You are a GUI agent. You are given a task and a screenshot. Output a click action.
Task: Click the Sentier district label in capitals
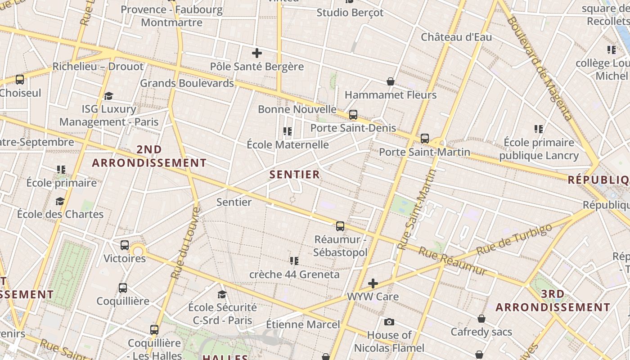tap(294, 175)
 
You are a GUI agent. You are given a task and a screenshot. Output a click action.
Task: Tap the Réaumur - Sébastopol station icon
tap(340, 226)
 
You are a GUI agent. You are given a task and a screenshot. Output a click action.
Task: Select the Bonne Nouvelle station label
tap(297, 109)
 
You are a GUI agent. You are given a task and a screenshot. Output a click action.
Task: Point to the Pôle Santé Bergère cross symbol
tap(257, 53)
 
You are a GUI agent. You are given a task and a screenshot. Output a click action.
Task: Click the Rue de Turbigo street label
tap(514, 239)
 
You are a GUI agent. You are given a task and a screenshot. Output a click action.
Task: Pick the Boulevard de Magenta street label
tap(540, 67)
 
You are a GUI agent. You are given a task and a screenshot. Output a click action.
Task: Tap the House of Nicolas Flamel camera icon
tap(389, 322)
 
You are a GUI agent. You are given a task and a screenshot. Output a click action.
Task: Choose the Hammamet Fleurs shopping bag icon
tap(391, 81)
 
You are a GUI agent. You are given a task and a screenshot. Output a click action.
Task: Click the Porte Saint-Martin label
tap(424, 152)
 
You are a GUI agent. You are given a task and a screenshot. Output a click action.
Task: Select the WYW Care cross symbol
tap(373, 283)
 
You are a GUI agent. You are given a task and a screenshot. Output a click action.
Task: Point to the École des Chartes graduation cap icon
tap(60, 201)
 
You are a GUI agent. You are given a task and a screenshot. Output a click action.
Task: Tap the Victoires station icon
tap(125, 245)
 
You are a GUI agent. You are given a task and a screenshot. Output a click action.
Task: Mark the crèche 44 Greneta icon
tap(294, 261)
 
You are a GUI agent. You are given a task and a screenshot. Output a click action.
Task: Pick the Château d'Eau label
tap(456, 37)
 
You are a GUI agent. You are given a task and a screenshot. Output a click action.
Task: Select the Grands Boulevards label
tap(187, 83)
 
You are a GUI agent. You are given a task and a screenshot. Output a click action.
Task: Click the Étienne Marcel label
tap(303, 324)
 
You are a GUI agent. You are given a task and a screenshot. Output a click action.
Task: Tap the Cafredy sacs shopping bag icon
tap(481, 319)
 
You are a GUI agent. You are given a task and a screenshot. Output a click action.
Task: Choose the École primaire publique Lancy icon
tap(539, 129)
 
